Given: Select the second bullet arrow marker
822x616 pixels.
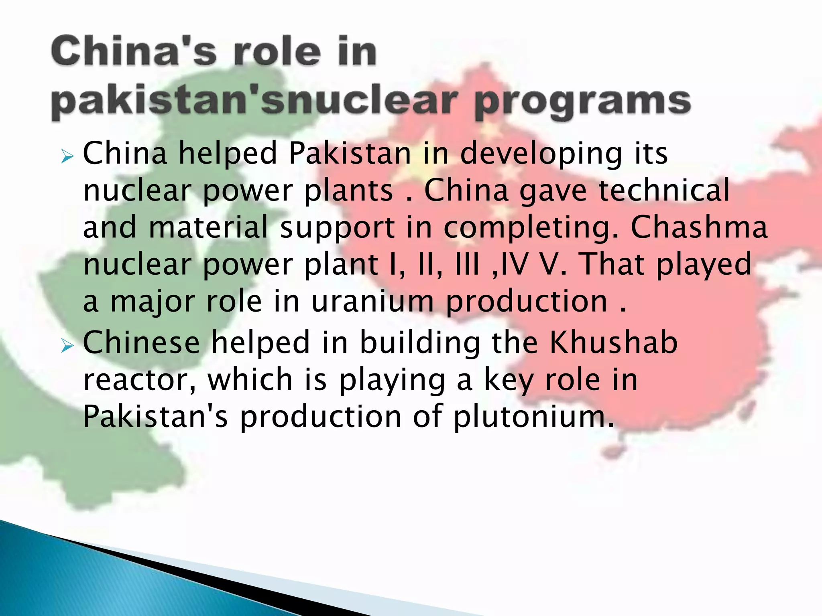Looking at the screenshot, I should point(67,345).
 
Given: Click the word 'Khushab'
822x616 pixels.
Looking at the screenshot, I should point(613,343).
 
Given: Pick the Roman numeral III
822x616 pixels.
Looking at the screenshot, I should point(467,264).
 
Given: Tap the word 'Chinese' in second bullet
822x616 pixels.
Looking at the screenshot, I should point(141,343).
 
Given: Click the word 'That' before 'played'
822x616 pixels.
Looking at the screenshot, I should point(612,264).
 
